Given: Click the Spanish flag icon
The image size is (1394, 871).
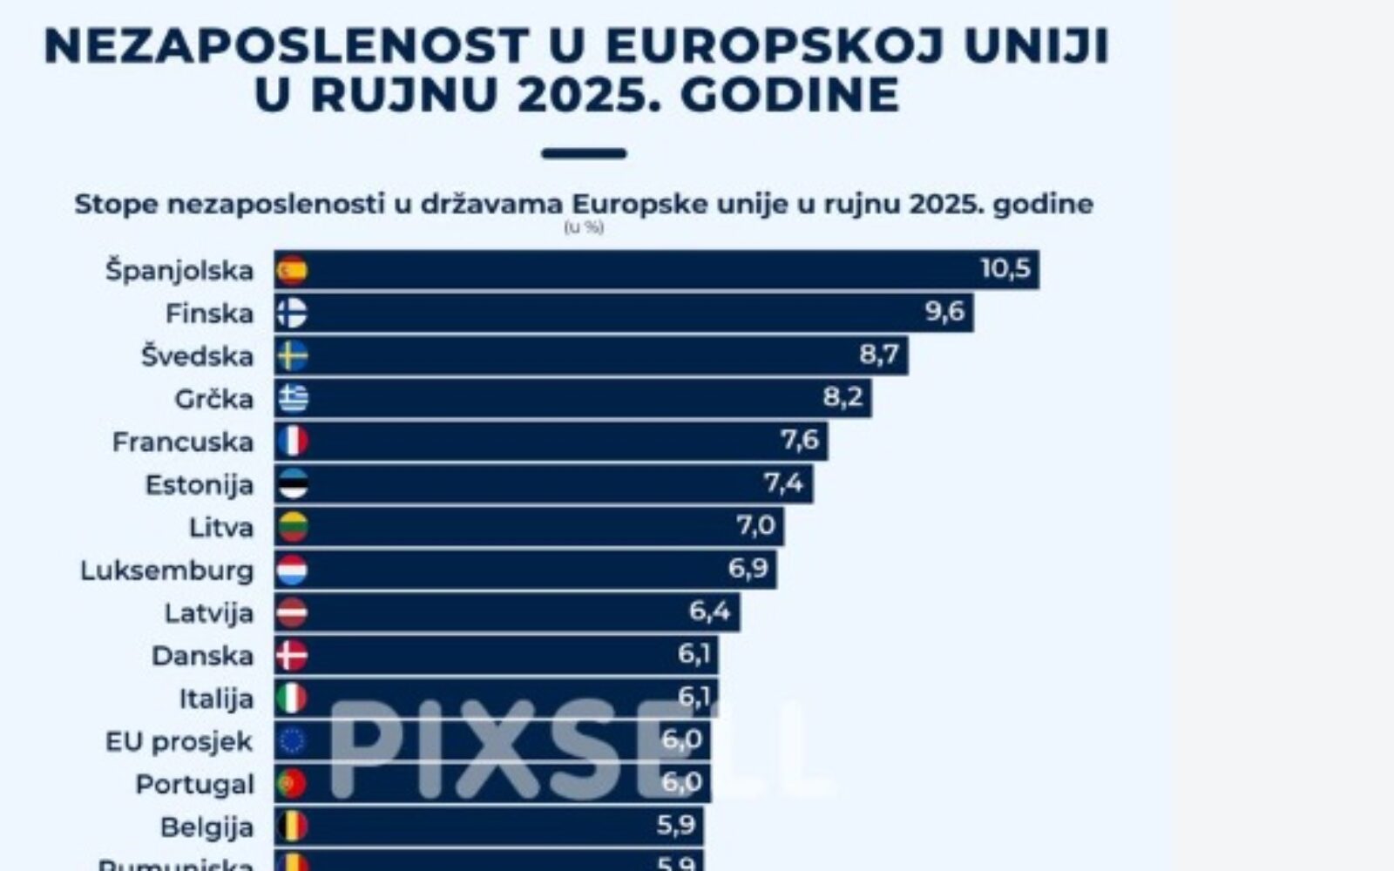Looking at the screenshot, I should (292, 270).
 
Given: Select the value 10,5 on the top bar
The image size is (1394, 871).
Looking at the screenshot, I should (1005, 268).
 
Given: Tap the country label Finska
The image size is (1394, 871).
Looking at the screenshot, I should (209, 314).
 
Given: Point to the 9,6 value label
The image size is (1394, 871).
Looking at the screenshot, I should (944, 312).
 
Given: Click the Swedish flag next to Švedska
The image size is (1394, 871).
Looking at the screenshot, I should (292, 356).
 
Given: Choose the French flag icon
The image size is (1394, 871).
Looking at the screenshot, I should (292, 442).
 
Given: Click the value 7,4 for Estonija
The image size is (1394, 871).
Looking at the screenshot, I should (783, 483).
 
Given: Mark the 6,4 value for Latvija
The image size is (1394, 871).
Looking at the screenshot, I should (709, 611).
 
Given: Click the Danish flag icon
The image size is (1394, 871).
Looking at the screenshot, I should (292, 655).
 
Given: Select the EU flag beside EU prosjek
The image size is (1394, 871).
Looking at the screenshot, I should (292, 741).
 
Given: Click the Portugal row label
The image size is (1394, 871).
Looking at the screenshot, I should (194, 785).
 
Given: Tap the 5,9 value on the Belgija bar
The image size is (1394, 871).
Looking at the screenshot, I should (675, 825).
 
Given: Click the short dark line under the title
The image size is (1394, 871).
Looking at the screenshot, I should (583, 154).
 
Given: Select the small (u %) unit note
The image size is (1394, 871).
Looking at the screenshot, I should (583, 228).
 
